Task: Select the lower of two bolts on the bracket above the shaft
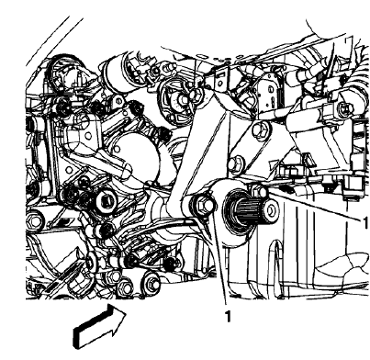click(236, 164)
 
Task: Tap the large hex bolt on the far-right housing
click(342, 110)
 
